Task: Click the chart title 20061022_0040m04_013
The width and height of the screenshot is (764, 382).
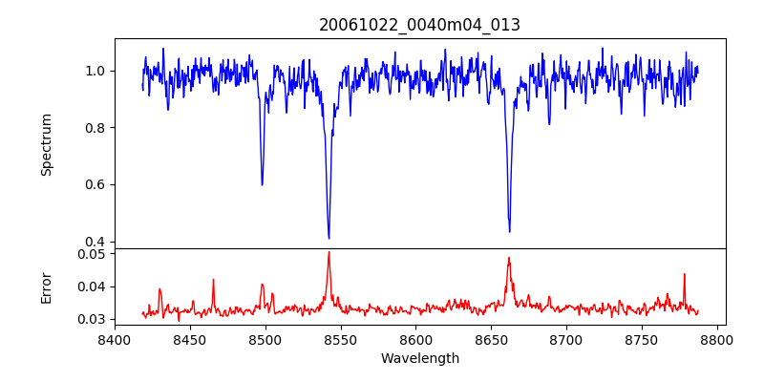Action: tap(419, 25)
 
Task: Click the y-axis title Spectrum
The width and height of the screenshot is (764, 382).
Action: tap(46, 144)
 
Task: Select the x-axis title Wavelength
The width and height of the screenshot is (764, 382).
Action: tap(419, 359)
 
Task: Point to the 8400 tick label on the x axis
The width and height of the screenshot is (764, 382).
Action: tap(115, 339)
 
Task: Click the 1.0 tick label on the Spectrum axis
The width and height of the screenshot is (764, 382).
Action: tap(94, 71)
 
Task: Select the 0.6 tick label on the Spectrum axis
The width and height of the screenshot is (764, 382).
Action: tap(94, 184)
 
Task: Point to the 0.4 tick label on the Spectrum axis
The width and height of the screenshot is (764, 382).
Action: tap(94, 242)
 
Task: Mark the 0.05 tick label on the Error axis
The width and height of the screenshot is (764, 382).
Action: tap(90, 254)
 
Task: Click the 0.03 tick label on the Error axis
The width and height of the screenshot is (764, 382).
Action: tap(90, 319)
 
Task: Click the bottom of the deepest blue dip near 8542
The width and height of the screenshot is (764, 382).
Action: tap(329, 238)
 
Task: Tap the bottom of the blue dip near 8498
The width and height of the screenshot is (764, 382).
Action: tap(262, 184)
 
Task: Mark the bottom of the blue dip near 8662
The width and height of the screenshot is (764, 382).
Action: tap(509, 231)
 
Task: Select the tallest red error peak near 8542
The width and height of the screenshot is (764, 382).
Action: tap(329, 252)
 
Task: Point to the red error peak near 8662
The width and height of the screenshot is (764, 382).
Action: tap(509, 258)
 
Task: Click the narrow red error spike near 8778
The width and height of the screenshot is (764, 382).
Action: tap(684, 274)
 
